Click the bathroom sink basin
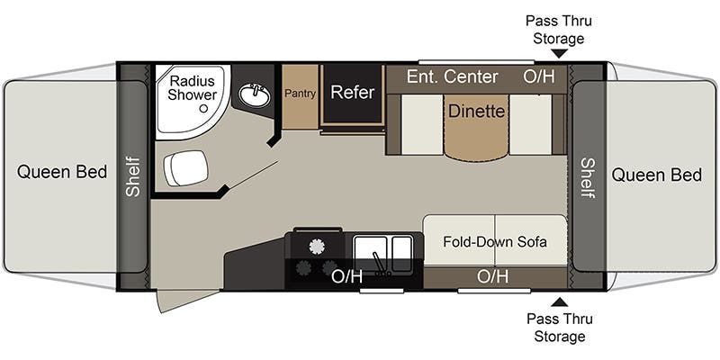click(255, 95)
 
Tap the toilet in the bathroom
click(186, 167)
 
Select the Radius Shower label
click(192, 87)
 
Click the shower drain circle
click(203, 108)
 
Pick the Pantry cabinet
click(300, 97)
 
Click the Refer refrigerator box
click(353, 94)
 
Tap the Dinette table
click(476, 126)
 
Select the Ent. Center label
click(452, 76)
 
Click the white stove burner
click(317, 247)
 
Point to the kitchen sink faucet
click(378, 264)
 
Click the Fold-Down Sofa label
click(494, 241)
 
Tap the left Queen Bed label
click(62, 172)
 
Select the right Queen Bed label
click(657, 175)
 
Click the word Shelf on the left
click(133, 176)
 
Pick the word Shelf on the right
click(588, 178)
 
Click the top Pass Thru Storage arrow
click(559, 54)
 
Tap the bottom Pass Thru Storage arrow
click(559, 301)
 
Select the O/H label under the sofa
click(492, 276)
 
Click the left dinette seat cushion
click(422, 124)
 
